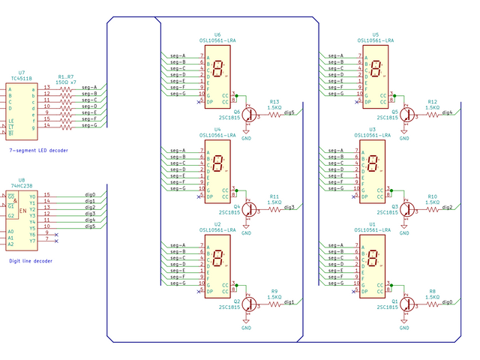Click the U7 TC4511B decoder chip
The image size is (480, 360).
coord(22,109)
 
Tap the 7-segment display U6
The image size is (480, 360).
coord(217,75)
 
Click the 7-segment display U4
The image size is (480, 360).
coord(217,169)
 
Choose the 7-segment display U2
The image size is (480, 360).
coord(217,264)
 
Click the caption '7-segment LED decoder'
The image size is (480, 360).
coord(38,151)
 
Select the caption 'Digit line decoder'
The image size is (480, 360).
coord(31,260)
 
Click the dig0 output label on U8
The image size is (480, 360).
coord(90,194)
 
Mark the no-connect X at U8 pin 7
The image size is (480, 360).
coord(57,239)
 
